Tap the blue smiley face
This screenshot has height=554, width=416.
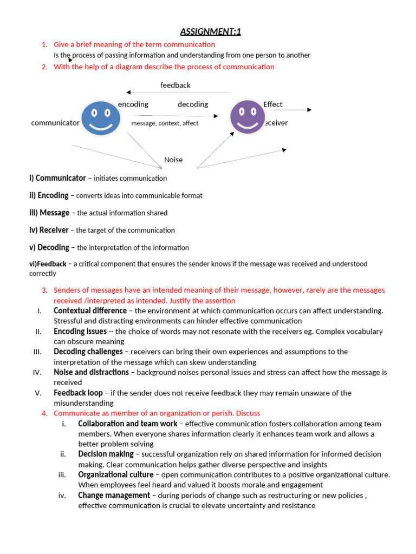tap(101, 117)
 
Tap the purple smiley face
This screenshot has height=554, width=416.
tap(248, 117)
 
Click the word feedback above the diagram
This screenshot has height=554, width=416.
tap(175, 85)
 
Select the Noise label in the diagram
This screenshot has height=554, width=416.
tap(173, 160)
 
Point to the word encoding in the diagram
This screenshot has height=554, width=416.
tap(133, 104)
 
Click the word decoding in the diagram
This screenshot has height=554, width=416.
tap(193, 104)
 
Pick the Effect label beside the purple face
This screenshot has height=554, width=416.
tap(272, 104)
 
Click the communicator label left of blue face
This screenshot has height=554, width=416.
tap(55, 123)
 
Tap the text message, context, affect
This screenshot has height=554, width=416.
tap(165, 123)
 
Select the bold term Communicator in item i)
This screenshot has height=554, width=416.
tap(61, 178)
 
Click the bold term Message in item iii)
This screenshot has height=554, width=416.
tap(54, 213)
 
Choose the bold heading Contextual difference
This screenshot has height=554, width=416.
tap(90, 311)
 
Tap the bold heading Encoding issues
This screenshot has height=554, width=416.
tap(80, 331)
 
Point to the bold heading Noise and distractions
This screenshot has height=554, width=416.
tap(91, 372)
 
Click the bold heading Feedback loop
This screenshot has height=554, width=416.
tap(78, 393)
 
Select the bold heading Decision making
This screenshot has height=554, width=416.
tap(106, 454)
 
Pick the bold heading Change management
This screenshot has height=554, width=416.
tap(114, 495)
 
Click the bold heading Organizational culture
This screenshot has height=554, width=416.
tap(115, 474)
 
